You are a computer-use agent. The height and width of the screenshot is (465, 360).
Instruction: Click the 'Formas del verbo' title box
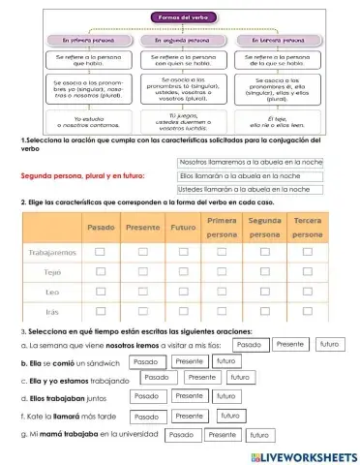tap(181, 17)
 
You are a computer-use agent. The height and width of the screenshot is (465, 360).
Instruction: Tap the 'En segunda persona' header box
tap(181, 43)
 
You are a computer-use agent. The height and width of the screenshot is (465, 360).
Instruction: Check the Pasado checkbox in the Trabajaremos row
tap(101, 252)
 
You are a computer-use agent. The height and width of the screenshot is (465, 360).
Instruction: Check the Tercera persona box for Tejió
tap(308, 272)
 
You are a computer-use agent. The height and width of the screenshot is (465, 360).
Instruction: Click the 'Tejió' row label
tap(52, 272)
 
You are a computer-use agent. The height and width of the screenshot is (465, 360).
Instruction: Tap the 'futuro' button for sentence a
tap(329, 344)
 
